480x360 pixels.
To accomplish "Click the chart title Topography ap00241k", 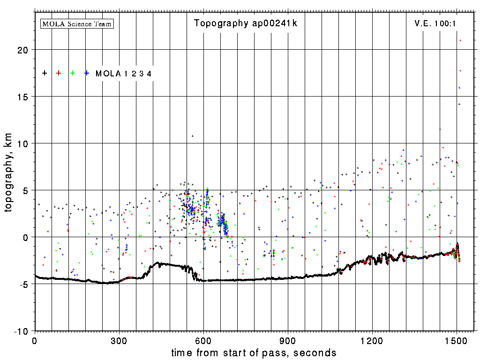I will pos(245,23).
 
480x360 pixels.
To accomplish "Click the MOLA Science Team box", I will pos(77,23).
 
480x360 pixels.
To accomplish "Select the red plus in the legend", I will pos(59,73).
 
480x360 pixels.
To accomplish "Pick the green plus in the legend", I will pos(73,73).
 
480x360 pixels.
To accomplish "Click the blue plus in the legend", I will pos(87,73).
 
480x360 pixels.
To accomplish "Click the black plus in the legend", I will pos(45,73).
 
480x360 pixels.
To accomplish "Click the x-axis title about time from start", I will pos(254,352).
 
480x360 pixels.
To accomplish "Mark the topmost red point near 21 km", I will pos(460,40).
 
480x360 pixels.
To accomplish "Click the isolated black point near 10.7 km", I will pos(192,136).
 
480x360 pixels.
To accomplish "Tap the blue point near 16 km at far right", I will pos(459,88).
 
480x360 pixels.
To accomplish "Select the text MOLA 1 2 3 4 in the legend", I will pos(123,74).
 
